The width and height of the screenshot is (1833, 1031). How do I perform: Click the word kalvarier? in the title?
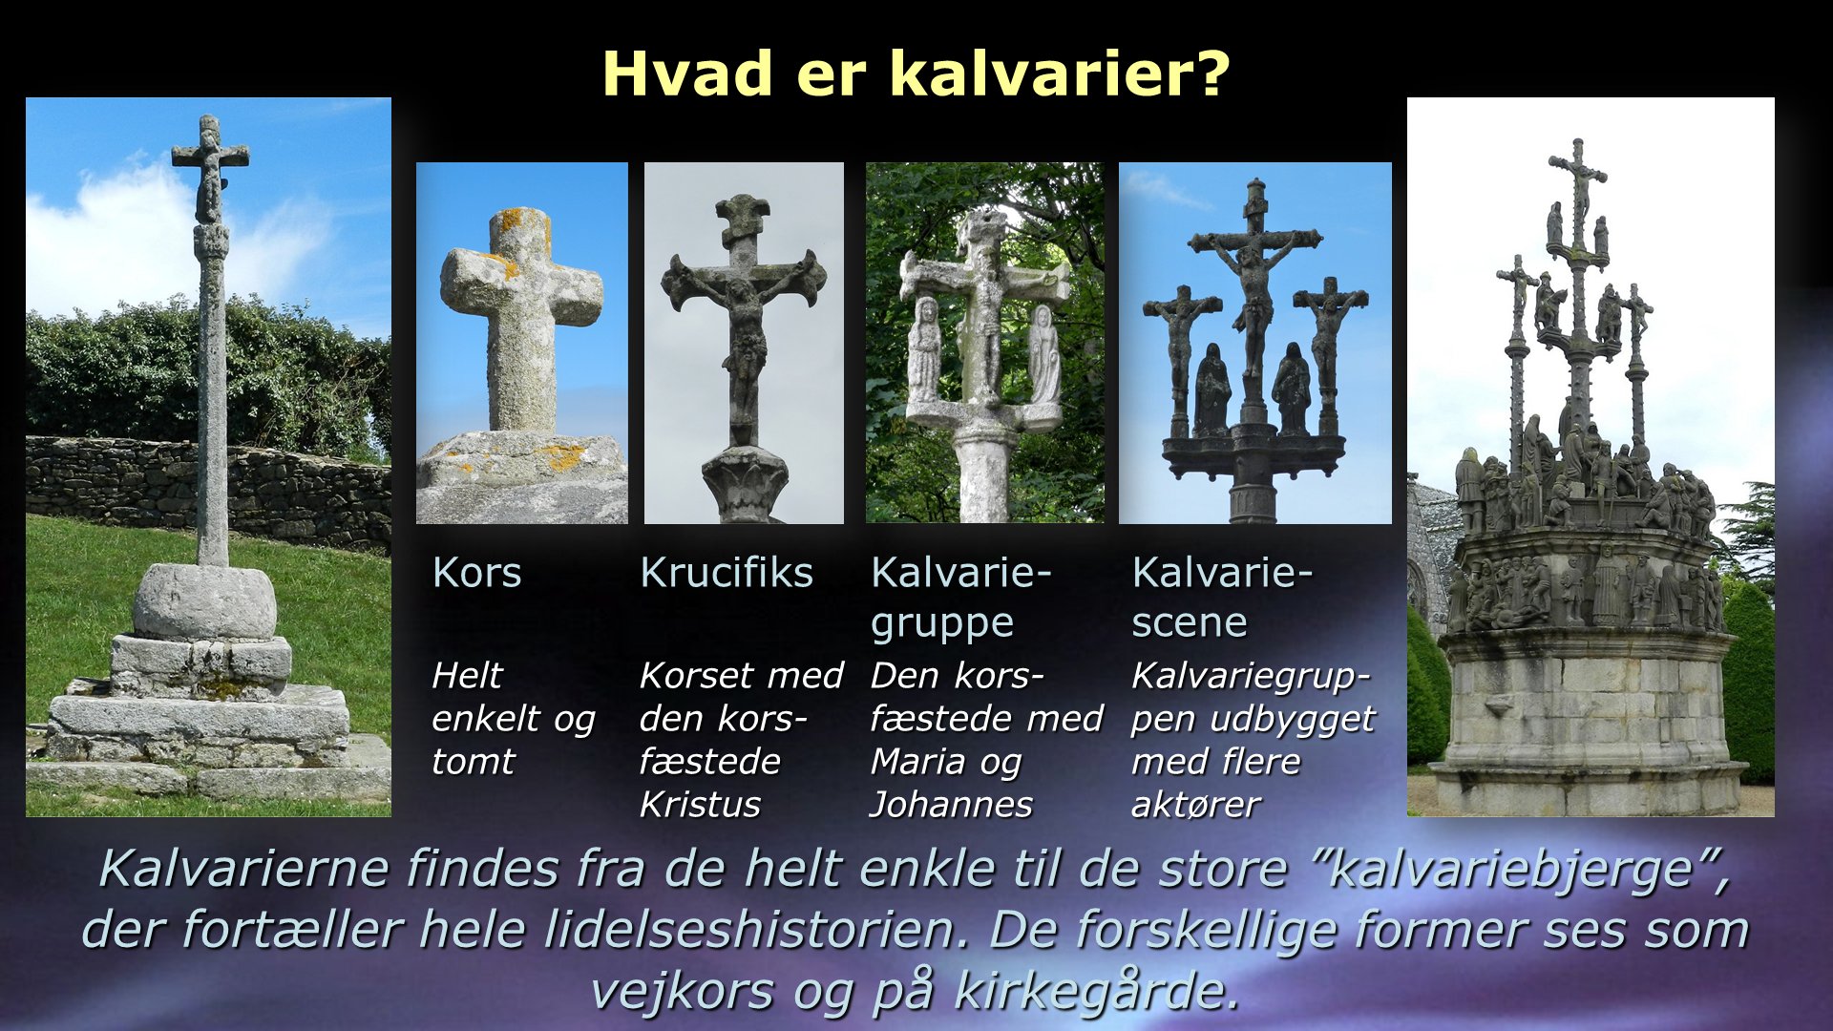pyautogui.click(x=1059, y=74)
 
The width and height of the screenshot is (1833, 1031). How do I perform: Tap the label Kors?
pyautogui.click(x=476, y=573)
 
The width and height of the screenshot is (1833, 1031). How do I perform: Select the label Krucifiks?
pyautogui.click(x=727, y=573)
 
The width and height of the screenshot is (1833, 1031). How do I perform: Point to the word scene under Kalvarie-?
pyautogui.click(x=1190, y=622)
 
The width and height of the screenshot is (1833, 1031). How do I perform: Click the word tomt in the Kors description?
pyautogui.click(x=473, y=762)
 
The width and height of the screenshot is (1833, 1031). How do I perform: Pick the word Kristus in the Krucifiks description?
pyautogui.click(x=700, y=805)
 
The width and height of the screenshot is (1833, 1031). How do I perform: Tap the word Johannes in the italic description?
pyautogui.click(x=951, y=805)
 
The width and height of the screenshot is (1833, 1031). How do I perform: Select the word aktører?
pyautogui.click(x=1195, y=805)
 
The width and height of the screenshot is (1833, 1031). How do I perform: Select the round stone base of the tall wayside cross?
pyautogui.click(x=204, y=601)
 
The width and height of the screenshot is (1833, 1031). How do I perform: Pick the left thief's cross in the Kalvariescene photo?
pyautogui.click(x=1182, y=353)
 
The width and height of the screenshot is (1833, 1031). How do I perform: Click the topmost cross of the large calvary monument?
pyautogui.click(x=1578, y=181)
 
